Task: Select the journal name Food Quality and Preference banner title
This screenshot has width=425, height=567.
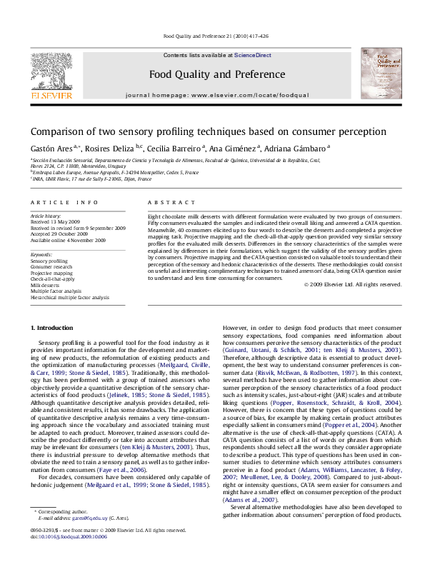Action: (x=206, y=74)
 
